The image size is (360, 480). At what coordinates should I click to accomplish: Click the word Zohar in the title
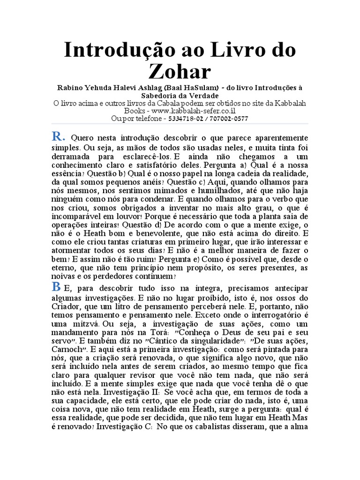(180, 72)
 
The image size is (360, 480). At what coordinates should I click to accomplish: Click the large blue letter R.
(58, 137)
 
